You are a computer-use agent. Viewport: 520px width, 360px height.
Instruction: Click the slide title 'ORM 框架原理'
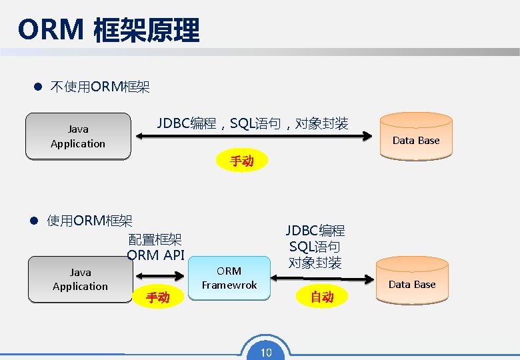pyautogui.click(x=109, y=30)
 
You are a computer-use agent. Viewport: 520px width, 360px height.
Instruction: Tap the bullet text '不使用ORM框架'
pyautogui.click(x=100, y=87)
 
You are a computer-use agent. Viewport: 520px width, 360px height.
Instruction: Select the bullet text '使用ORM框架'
pyautogui.click(x=89, y=221)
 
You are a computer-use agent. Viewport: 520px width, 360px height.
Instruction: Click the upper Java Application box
pyautogui.click(x=78, y=137)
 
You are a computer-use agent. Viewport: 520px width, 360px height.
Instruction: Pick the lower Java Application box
pyautogui.click(x=80, y=279)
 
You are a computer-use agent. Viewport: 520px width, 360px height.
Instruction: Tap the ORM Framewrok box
pyautogui.click(x=229, y=278)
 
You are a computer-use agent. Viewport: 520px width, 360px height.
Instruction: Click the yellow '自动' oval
pyautogui.click(x=322, y=297)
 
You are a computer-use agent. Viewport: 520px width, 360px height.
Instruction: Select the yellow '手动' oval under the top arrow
pyautogui.click(x=241, y=161)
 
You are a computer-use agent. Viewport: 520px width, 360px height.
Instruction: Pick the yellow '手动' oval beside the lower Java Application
pyautogui.click(x=157, y=297)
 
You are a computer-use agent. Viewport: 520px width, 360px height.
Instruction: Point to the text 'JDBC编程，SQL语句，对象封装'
pyautogui.click(x=252, y=123)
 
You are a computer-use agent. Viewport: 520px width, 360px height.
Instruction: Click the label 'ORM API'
pyautogui.click(x=155, y=255)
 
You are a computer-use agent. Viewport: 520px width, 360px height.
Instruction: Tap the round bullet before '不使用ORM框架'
pyautogui.click(x=38, y=87)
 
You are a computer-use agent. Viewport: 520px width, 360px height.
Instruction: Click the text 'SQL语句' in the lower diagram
pyautogui.click(x=315, y=247)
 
